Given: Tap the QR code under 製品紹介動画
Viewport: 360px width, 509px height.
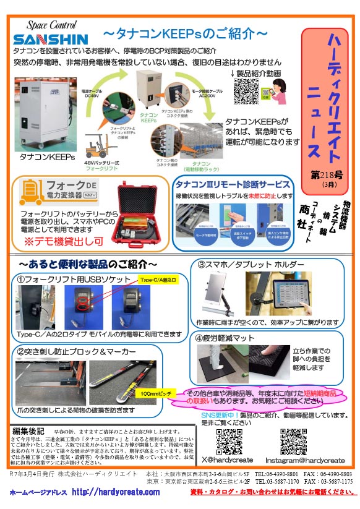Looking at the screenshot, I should (x=245, y=92).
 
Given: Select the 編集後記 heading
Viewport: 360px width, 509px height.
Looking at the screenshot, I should (x=29, y=430).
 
